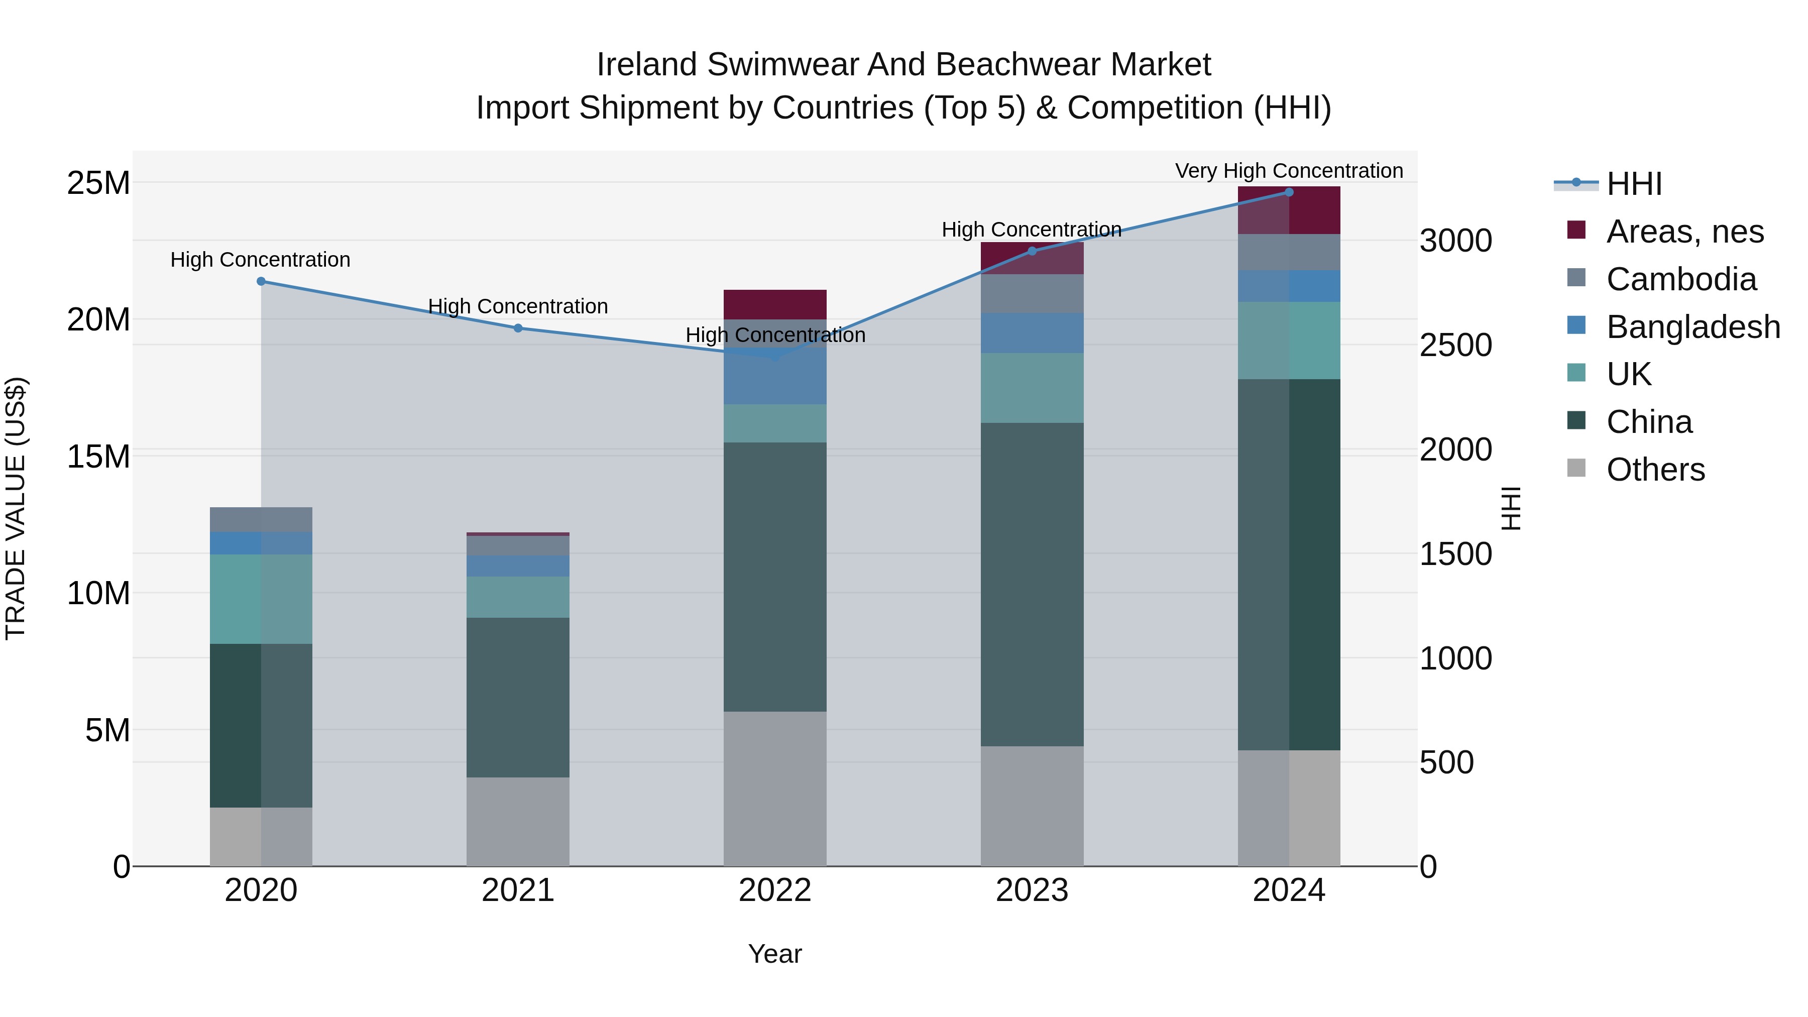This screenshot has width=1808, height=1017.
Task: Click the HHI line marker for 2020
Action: point(261,281)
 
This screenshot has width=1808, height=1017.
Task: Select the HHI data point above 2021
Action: point(518,328)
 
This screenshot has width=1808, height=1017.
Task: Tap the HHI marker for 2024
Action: point(1289,192)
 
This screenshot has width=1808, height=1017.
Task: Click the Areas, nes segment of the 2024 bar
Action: point(1289,210)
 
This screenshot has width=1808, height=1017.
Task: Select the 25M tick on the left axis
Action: point(98,183)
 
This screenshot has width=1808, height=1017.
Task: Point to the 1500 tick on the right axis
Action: point(1455,554)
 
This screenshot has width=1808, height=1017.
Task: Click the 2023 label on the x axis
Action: point(1032,890)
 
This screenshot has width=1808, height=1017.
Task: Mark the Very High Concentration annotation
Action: point(1289,171)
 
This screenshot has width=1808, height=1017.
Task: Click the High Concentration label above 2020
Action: point(260,260)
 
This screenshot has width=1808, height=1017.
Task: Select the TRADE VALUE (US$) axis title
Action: point(16,508)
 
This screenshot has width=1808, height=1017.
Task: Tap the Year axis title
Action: point(775,954)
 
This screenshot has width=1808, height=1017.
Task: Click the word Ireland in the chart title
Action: point(648,65)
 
